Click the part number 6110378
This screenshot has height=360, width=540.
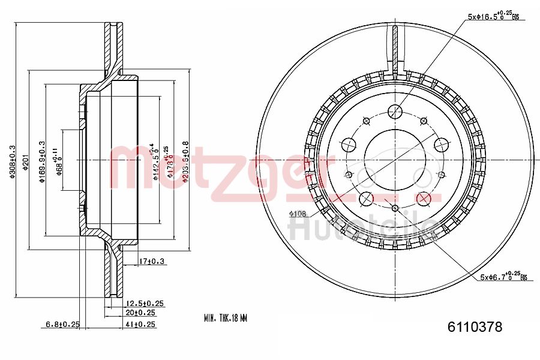[475, 327]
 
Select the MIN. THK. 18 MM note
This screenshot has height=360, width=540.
[225, 317]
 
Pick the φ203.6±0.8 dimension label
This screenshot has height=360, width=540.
[185, 162]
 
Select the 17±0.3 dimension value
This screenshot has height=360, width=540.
[152, 261]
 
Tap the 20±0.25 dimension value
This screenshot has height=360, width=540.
[141, 313]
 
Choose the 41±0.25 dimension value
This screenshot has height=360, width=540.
[141, 325]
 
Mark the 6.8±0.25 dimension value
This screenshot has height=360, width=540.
[63, 325]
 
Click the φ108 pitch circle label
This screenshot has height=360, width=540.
[298, 214]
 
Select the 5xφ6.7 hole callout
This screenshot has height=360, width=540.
[502, 277]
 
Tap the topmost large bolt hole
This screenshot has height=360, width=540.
[394, 110]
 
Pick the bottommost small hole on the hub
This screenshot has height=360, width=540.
[394, 208]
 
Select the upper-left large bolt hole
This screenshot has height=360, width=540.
[348, 144]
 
